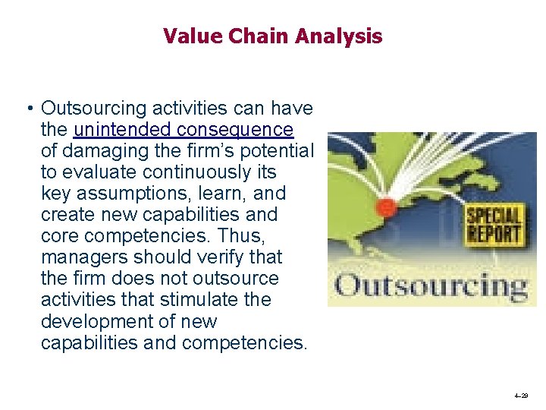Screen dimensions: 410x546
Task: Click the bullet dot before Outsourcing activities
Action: click(x=27, y=109)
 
